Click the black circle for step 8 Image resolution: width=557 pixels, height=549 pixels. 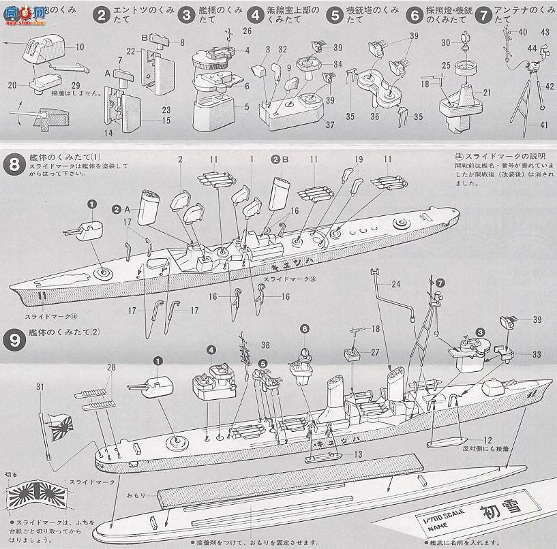coord(14,165)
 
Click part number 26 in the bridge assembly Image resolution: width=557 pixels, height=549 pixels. coord(246,31)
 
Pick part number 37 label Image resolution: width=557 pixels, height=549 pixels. coord(330,125)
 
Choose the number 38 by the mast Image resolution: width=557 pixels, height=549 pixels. coord(265,344)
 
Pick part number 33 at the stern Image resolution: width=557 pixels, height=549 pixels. coord(536,354)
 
